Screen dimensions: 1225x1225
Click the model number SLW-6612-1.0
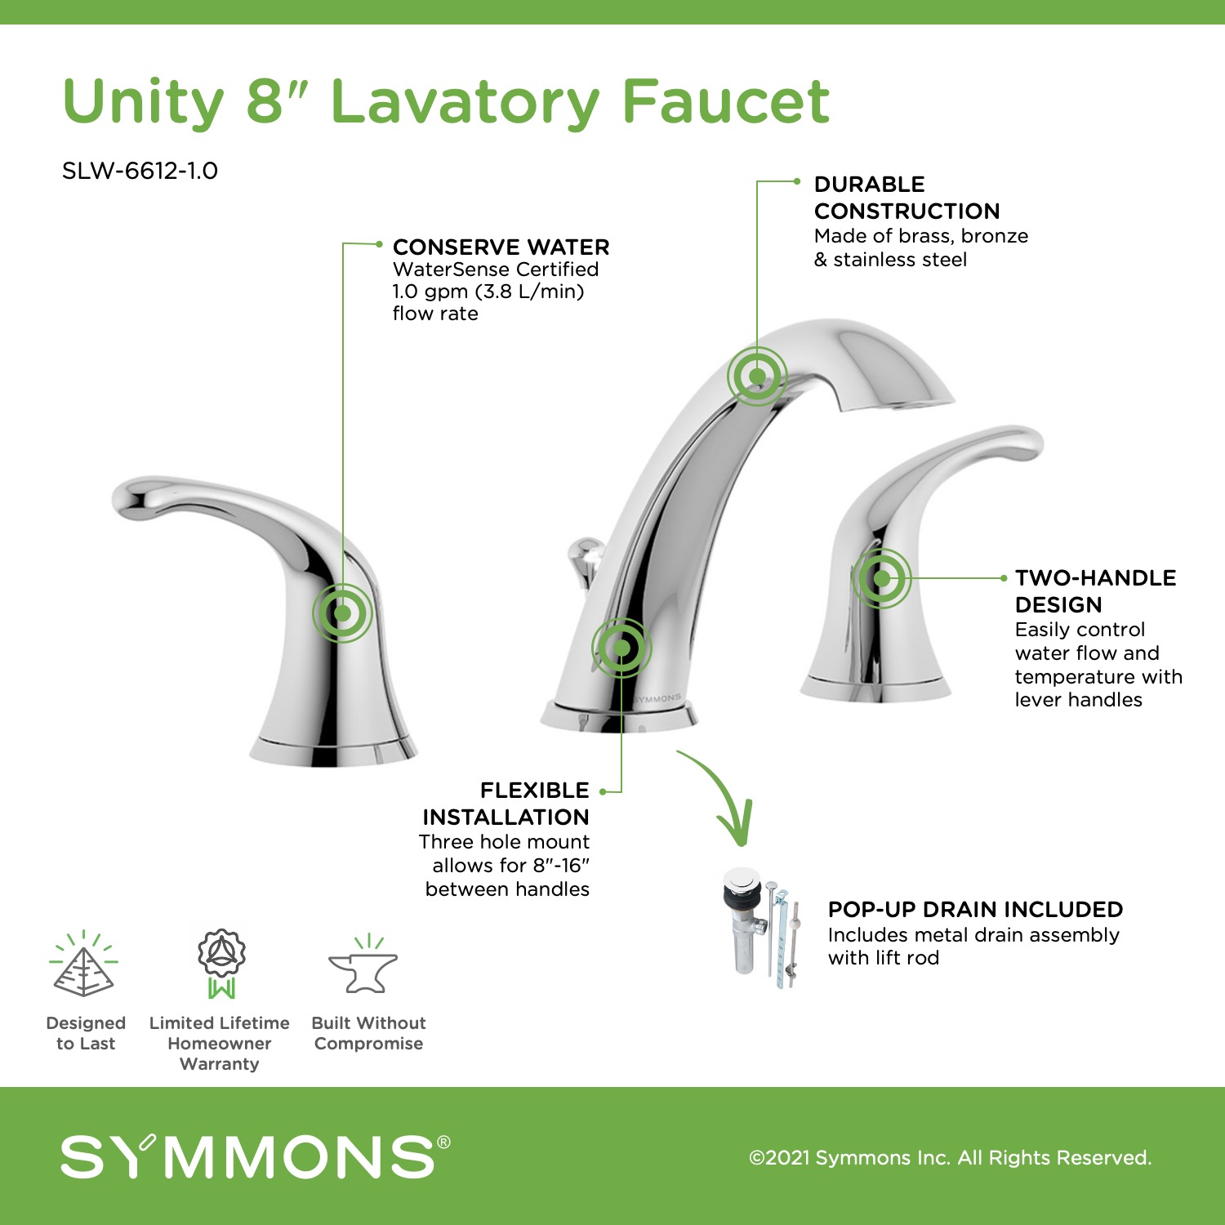[140, 171]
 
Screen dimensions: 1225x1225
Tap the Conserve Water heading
[501, 247]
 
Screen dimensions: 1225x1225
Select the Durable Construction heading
[906, 198]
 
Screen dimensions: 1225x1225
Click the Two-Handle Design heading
[1095, 591]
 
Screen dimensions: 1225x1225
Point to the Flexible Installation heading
[506, 804]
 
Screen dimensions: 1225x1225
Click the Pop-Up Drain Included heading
[975, 909]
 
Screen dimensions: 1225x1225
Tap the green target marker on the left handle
[342, 612]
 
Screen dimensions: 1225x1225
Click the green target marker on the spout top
[757, 376]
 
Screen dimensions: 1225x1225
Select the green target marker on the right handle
[881, 578]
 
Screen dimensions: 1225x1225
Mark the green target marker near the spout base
[621, 648]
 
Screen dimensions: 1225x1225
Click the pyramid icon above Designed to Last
[84, 964]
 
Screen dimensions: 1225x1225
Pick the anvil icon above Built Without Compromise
[363, 964]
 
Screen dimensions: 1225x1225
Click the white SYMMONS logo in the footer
[255, 1156]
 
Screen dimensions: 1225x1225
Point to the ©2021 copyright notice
[950, 1157]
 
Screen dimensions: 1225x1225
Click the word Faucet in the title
[726, 101]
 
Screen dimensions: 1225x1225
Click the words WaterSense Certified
[496, 269]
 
